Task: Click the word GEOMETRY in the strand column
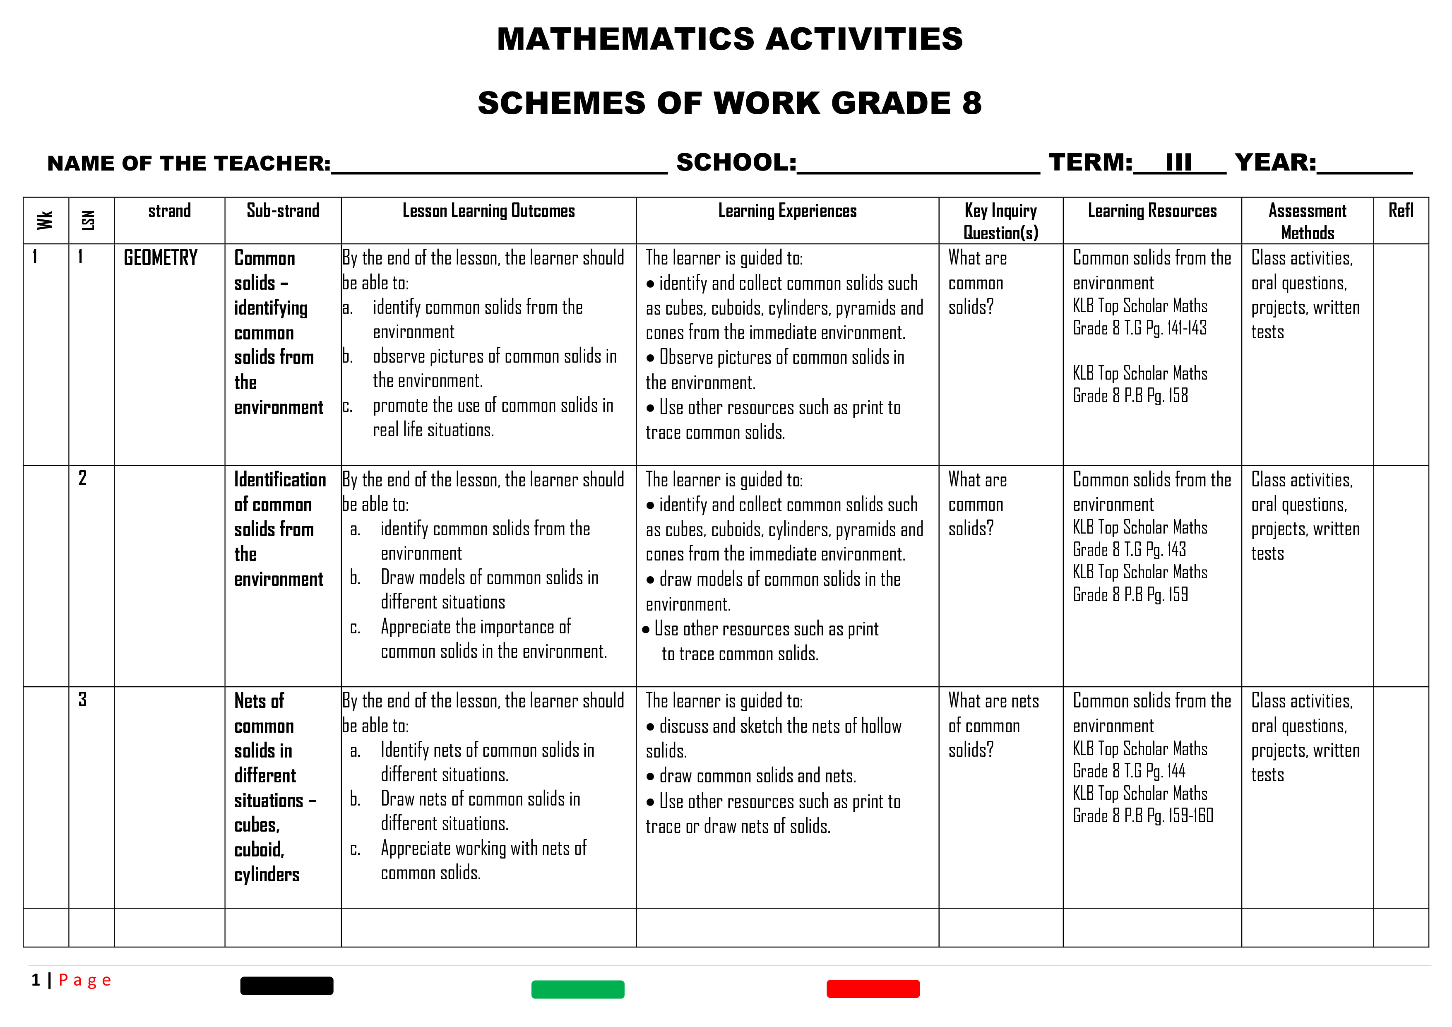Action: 161,258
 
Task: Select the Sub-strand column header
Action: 283,211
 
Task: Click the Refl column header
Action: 1400,211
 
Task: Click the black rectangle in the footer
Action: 286,985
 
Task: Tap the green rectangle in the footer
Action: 577,989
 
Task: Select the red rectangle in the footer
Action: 873,989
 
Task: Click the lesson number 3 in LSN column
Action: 83,700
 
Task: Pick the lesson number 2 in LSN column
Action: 83,478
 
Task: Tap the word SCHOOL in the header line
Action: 736,163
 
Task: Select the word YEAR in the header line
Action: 1274,163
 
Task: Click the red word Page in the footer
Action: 85,980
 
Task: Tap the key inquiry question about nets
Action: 993,725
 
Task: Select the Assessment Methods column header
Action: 1307,221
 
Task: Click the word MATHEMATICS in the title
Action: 625,39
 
